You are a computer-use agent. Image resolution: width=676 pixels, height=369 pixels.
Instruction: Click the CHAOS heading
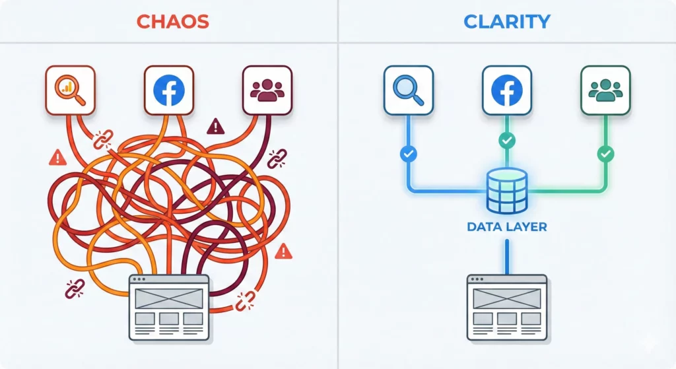tap(172, 21)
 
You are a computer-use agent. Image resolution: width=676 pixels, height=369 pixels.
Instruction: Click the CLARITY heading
tap(506, 21)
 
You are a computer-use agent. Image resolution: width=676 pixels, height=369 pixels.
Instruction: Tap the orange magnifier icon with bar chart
tap(70, 90)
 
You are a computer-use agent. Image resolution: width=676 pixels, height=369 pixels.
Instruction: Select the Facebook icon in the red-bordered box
tap(168, 90)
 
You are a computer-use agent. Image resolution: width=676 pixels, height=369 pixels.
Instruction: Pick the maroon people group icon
tap(267, 90)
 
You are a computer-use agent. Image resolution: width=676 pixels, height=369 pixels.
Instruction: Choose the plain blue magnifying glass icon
tap(409, 90)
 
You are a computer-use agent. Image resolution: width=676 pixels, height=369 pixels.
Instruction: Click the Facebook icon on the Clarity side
tap(506, 90)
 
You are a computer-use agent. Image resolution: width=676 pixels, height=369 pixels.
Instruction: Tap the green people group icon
tap(605, 90)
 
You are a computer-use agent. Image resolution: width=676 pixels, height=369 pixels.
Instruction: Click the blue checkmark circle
tap(409, 154)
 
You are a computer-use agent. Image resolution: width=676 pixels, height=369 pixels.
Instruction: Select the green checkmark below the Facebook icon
tap(506, 140)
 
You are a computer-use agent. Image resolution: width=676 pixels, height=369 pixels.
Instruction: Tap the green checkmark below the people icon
tap(605, 154)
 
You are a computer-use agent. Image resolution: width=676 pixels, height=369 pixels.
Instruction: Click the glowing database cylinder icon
tap(506, 190)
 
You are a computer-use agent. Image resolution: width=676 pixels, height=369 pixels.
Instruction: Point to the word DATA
tap(485, 226)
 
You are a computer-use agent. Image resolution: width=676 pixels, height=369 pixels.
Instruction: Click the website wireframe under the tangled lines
tap(168, 307)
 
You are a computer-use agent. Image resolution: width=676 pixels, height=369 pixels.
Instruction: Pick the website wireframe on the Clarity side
tap(506, 307)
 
